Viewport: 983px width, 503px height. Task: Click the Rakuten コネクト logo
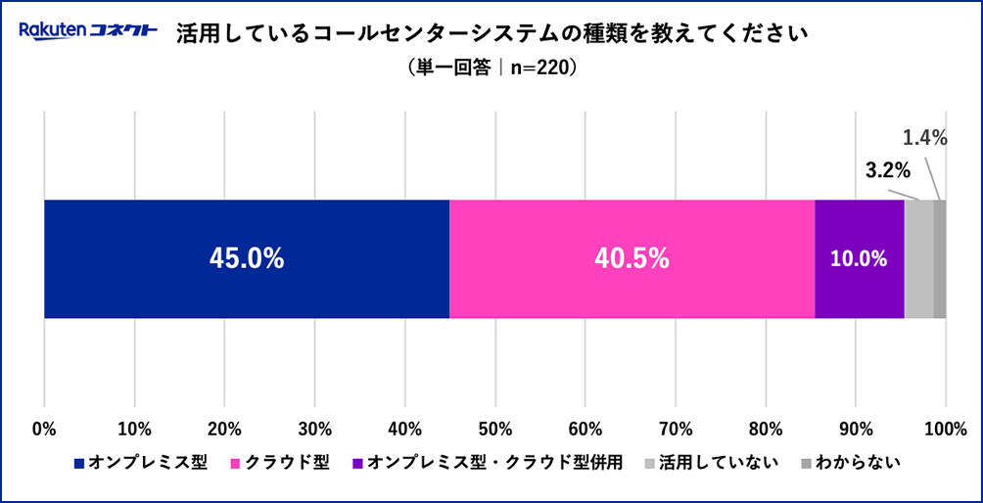(88, 31)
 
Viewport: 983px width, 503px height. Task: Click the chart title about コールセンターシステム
(491, 34)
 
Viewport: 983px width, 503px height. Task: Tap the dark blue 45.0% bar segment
(247, 259)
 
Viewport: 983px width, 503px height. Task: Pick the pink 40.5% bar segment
(632, 259)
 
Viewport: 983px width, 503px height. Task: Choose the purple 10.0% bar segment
(859, 259)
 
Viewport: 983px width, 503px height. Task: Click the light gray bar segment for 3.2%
(918, 259)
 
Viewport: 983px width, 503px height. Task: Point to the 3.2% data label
(888, 170)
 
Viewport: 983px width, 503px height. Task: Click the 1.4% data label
(924, 138)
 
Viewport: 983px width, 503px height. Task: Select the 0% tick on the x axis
(44, 429)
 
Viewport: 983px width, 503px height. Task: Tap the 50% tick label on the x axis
(494, 429)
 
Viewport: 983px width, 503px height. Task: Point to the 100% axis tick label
(945, 429)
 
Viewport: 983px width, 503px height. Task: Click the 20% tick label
(224, 429)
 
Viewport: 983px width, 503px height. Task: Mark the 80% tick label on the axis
(765, 429)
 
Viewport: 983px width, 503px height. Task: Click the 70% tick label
(675, 429)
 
